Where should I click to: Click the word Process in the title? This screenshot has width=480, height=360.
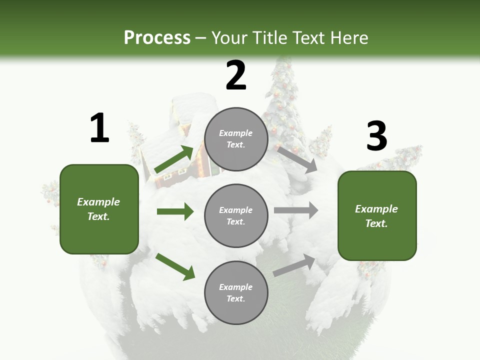157,37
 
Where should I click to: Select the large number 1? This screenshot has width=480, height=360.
99,128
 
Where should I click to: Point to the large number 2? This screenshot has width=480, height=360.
236,75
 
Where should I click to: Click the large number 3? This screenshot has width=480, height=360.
376,136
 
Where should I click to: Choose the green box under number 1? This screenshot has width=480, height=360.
99,209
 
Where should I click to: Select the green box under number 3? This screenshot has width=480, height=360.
377,216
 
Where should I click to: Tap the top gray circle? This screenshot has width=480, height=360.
236,139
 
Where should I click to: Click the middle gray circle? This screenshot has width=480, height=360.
236,215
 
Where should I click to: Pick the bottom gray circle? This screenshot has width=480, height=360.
236,292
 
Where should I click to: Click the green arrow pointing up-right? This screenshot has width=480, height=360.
173,159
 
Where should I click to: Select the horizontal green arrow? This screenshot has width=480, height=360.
175,211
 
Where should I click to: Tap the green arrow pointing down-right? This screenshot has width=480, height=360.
175,266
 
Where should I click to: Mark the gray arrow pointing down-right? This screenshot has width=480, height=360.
297,159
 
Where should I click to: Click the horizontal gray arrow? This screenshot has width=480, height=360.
295,210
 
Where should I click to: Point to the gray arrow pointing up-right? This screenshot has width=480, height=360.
294,265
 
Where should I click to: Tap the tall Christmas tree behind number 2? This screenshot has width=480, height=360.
282,100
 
